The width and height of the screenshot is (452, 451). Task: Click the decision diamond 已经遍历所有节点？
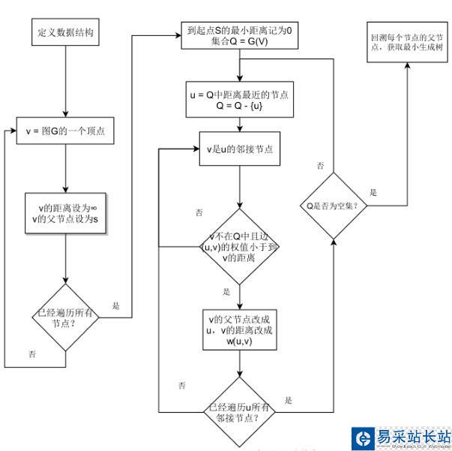tap(66, 317)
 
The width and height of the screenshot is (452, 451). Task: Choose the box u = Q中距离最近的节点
tap(239, 101)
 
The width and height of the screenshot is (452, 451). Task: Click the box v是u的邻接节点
tap(239, 149)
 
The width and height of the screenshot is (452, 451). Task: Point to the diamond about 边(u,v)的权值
tap(239, 248)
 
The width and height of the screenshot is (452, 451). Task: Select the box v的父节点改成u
tap(239, 327)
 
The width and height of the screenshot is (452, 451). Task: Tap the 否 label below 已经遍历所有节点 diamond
tap(31, 353)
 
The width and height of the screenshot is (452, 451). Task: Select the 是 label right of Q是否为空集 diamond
tap(373, 192)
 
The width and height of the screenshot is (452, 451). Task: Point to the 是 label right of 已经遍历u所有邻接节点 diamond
tap(289, 400)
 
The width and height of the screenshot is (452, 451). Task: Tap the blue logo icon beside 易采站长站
tap(364, 438)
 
